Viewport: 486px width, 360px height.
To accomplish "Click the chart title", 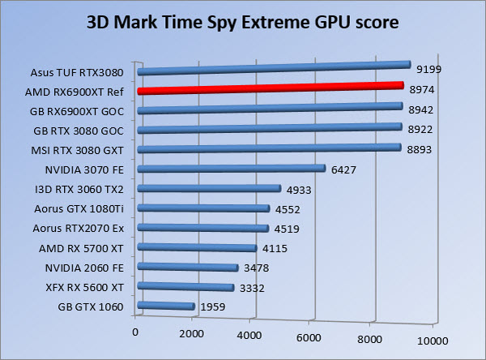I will click(x=242, y=22).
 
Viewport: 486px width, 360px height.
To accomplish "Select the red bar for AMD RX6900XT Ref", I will click(x=271, y=88).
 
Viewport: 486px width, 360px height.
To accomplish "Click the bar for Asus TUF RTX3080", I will click(x=275, y=67).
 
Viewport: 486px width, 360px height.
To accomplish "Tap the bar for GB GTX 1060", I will click(x=167, y=306).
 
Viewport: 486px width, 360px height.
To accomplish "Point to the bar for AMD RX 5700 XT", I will click(x=198, y=247).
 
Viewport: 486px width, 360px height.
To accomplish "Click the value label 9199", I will click(x=428, y=70).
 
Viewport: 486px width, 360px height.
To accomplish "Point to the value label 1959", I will click(x=212, y=307).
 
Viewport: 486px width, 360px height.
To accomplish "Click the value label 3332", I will click(x=251, y=288).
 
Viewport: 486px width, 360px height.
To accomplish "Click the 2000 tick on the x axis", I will click(x=192, y=333).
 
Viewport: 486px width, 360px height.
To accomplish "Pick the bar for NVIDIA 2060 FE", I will click(x=189, y=267).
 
